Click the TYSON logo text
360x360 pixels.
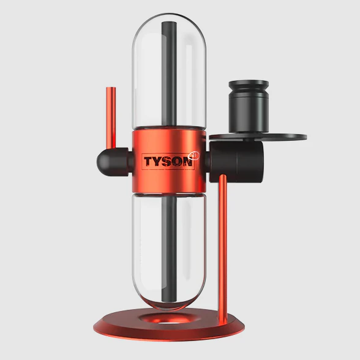point(168,162)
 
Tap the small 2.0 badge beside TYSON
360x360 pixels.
point(194,156)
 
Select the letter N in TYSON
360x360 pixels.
point(187,162)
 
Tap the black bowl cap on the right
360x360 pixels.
point(249,107)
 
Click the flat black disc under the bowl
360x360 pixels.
point(258,137)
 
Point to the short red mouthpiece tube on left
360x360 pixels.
point(111,118)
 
